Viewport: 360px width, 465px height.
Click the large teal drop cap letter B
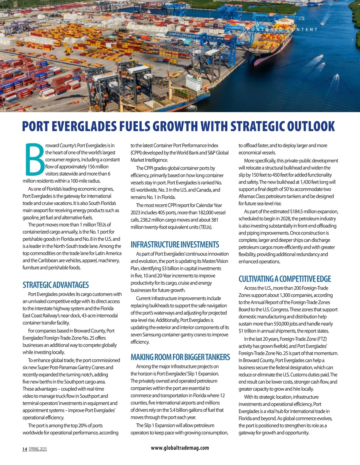pyautogui.click(x=34, y=159)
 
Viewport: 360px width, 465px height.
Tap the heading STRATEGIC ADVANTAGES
pyautogui.click(x=56, y=285)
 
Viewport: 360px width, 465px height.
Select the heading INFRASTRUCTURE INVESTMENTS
pyautogui.click(x=175, y=245)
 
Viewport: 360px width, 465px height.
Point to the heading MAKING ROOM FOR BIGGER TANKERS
pyautogui.click(x=180, y=357)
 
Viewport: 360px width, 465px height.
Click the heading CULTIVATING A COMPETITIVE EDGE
pyautogui.click(x=285, y=279)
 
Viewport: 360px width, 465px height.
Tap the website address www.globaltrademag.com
pyautogui.click(x=180, y=448)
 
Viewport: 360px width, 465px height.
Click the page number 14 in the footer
pyautogui.click(x=25, y=449)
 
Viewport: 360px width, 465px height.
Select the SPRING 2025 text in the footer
pyautogui.click(x=38, y=449)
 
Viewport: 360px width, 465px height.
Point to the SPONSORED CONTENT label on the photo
pyautogui.click(x=280, y=30)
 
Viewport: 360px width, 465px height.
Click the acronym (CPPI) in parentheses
pyautogui.click(x=136, y=153)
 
